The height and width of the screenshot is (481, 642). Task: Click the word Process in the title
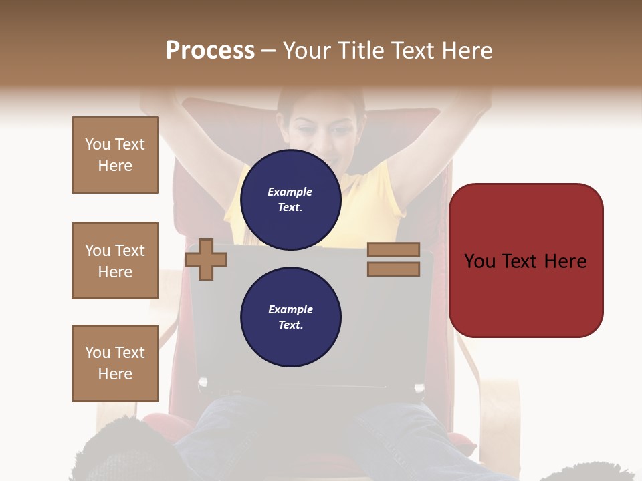(210, 51)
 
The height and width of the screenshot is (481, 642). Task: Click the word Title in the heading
(362, 51)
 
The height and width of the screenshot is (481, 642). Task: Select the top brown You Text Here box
(115, 155)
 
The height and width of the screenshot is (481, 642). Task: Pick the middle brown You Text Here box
(115, 261)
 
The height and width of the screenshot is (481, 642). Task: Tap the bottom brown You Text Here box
(115, 363)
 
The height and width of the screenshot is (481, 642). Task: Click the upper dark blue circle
(290, 199)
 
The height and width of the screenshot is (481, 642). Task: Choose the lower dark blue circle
(290, 317)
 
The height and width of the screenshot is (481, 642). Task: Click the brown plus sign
(205, 260)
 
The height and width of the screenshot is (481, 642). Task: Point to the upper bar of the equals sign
(393, 250)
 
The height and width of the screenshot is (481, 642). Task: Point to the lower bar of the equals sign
(393, 269)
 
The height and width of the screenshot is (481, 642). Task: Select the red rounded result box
(526, 260)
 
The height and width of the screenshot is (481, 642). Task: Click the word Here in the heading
(465, 51)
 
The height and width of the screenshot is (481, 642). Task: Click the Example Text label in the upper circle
(290, 200)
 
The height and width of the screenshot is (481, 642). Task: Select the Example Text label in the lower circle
(290, 317)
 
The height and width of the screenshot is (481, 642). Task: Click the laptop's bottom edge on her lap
(311, 387)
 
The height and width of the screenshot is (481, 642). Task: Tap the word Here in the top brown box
(115, 166)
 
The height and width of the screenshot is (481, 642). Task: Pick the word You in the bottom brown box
(97, 353)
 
